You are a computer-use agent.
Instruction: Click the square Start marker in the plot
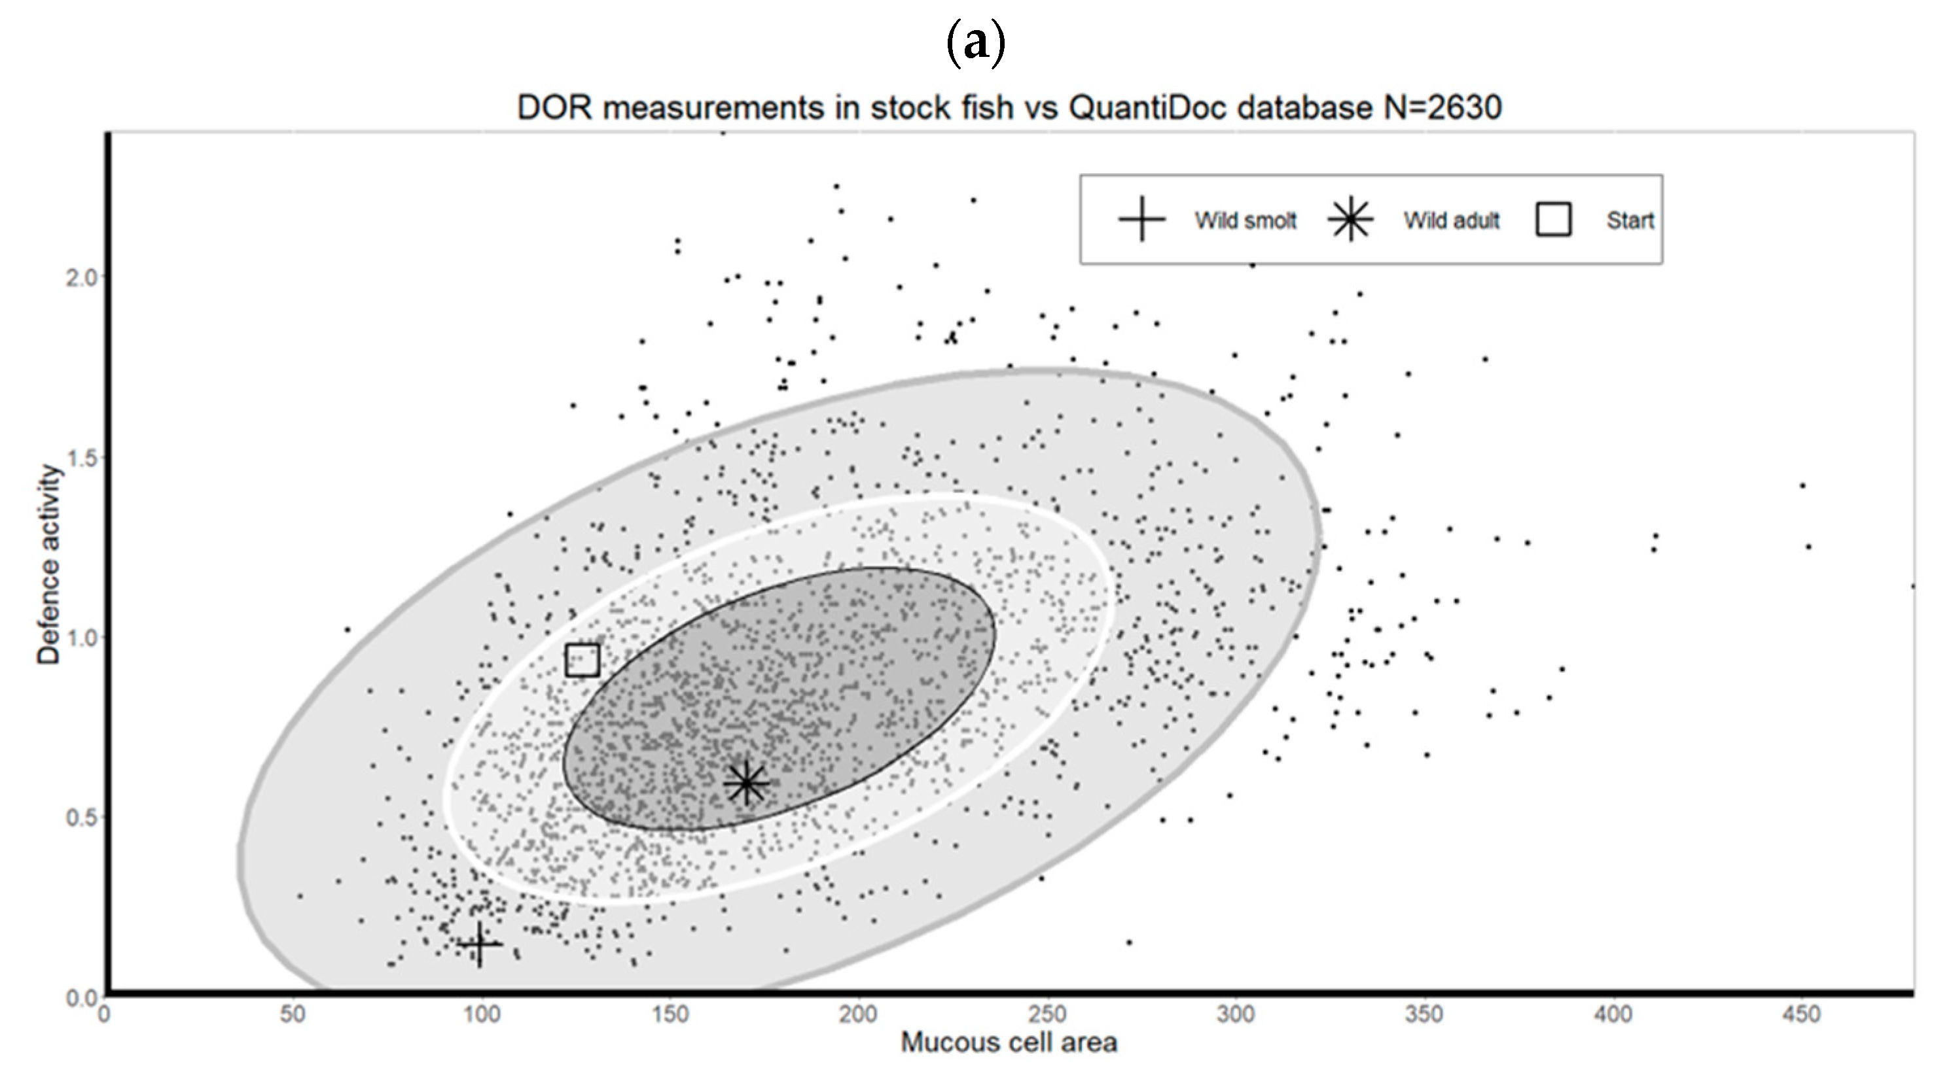point(582,660)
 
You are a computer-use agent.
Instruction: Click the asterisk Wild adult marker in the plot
point(746,783)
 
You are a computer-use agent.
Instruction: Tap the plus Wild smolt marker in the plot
point(479,944)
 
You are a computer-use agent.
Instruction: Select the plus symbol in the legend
point(1142,219)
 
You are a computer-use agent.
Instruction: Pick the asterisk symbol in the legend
point(1350,219)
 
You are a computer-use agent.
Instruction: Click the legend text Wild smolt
point(1245,220)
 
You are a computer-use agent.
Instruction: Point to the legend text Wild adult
point(1451,220)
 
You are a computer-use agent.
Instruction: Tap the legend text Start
point(1630,220)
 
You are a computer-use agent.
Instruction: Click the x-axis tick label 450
point(1801,1014)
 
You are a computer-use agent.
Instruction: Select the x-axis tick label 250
point(1047,1014)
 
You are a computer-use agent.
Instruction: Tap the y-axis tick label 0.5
point(82,818)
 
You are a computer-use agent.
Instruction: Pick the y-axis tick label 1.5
point(82,458)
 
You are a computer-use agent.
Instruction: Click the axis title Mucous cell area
point(1009,1043)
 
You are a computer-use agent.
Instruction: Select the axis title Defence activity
point(48,564)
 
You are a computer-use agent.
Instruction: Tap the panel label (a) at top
point(976,44)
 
